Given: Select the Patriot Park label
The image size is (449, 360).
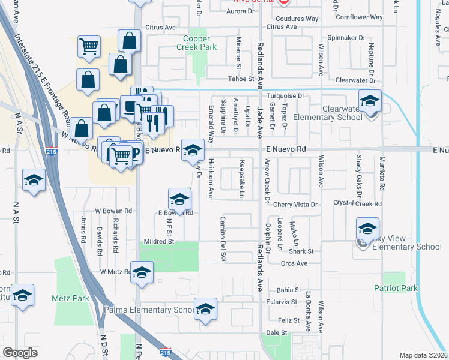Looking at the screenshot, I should click(401, 289).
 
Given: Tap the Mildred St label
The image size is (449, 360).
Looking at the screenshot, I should click(158, 242).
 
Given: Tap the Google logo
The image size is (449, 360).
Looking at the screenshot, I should click(20, 353).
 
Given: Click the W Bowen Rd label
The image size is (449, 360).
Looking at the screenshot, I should click(113, 211).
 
